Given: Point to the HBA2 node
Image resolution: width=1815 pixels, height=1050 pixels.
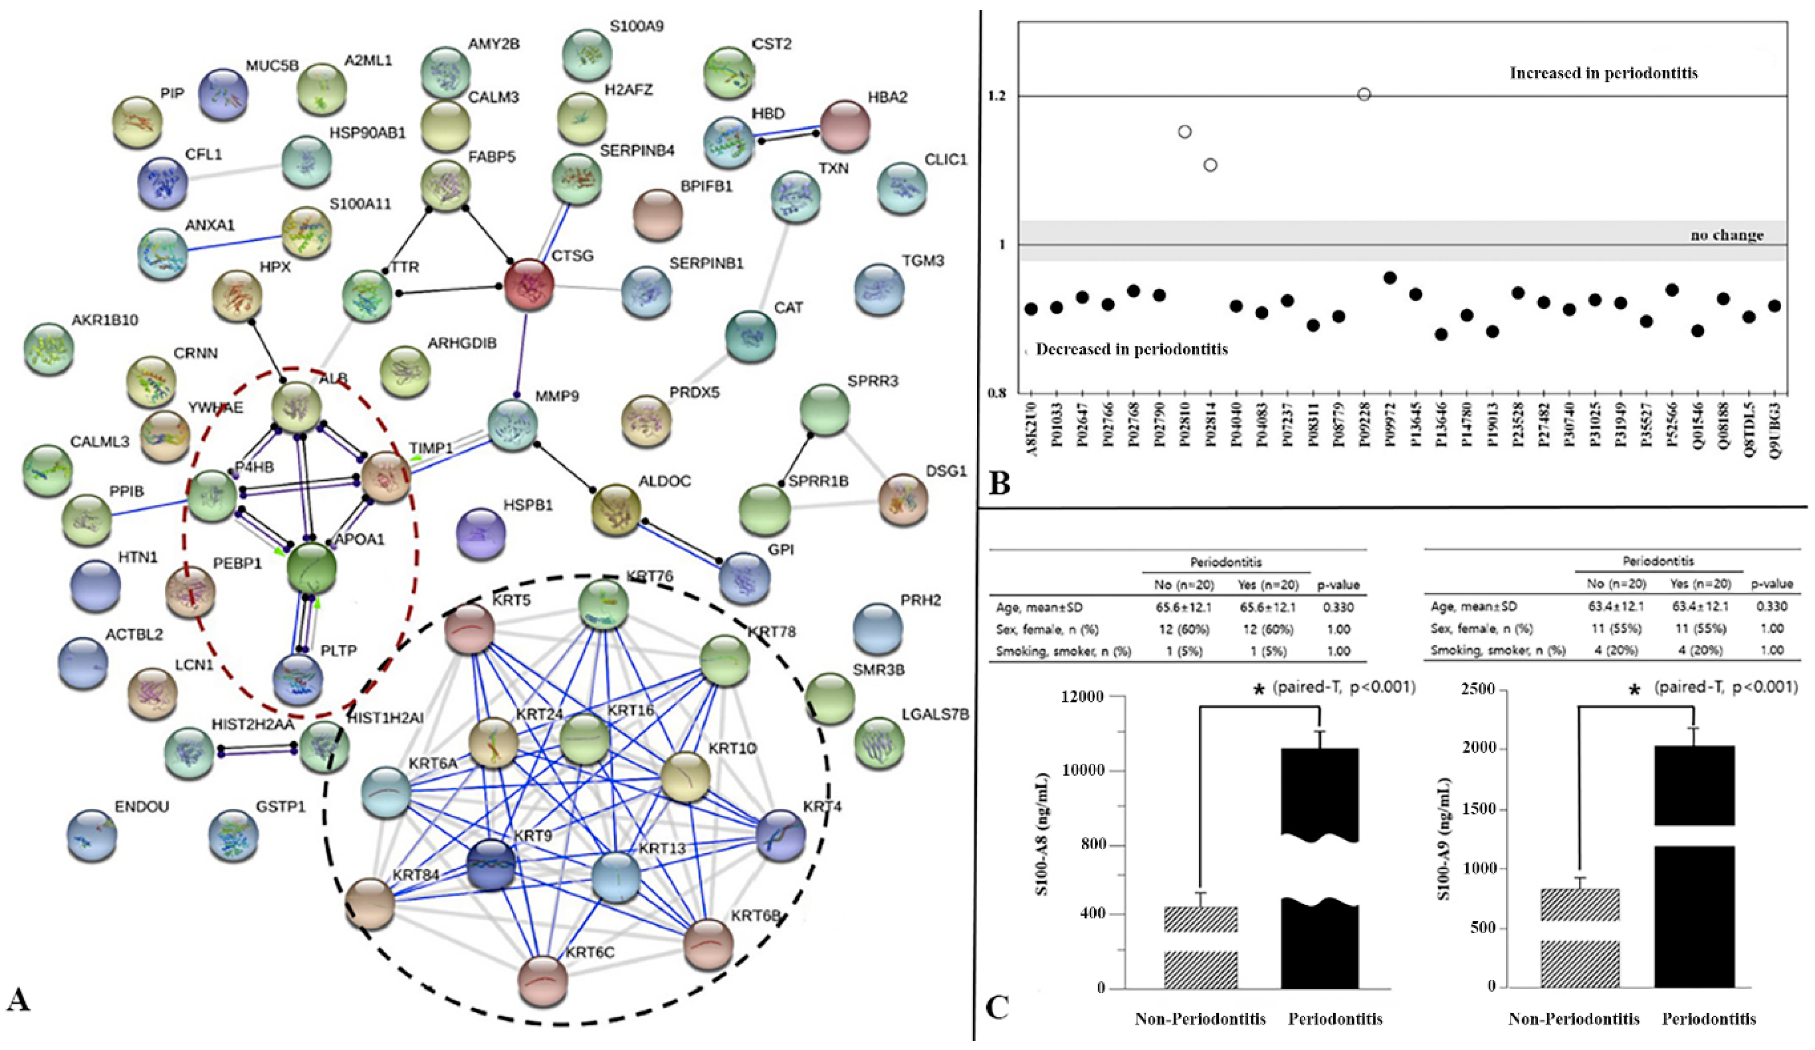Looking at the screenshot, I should pos(845,125).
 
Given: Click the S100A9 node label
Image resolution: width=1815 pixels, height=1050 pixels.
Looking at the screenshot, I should pos(637,26).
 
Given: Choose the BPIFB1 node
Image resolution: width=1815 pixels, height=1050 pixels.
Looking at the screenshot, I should pos(657,214).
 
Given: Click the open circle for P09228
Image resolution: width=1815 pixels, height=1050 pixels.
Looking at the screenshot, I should pos(1364,94).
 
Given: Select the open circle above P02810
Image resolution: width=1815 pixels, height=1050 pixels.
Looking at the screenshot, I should pos(1185,132).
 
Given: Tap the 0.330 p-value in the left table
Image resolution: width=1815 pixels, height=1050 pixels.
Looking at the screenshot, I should pos(1338,607).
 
